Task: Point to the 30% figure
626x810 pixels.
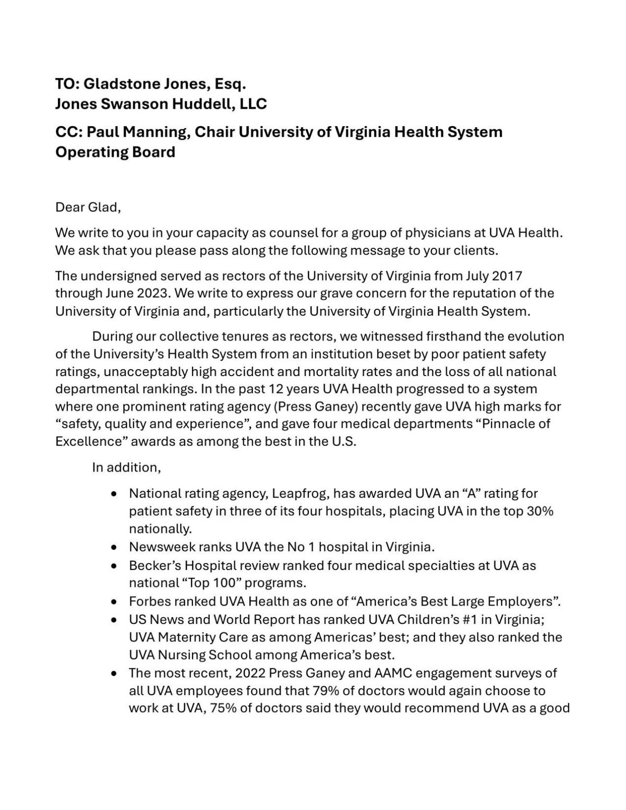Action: click(x=540, y=511)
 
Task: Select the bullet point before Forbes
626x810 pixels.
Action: click(x=114, y=602)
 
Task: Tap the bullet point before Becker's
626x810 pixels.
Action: click(x=114, y=566)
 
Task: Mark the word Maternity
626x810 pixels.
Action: click(x=186, y=637)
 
